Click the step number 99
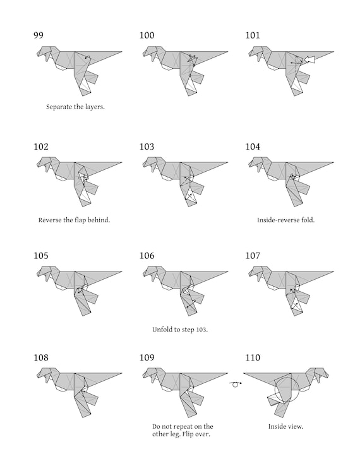[39, 35]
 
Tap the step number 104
[253, 146]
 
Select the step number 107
[253, 256]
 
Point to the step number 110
[253, 357]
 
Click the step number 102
[40, 146]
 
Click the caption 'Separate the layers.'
[75, 107]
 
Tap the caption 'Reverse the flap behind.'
[74, 220]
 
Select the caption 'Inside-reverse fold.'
[285, 220]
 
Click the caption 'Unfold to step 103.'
[180, 330]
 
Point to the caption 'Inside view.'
[285, 427]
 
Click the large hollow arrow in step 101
[309, 59]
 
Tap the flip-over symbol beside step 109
[236, 384]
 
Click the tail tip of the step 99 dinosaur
[122, 52]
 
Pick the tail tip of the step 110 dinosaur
[244, 373]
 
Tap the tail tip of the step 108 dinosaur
[122, 373]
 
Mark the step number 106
[147, 256]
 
